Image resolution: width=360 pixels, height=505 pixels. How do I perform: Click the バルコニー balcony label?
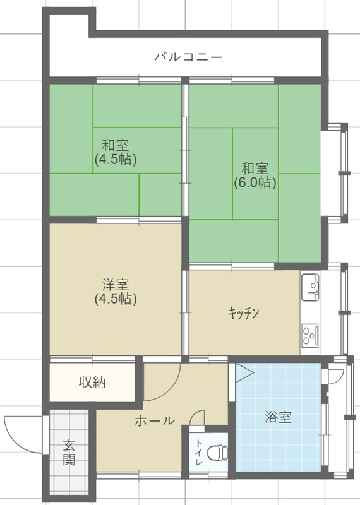pyautogui.click(x=188, y=57)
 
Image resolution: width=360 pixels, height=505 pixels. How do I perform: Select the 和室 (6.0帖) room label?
pyautogui.click(x=255, y=176)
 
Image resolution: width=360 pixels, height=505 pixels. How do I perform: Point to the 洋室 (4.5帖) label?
pyautogui.click(x=116, y=290)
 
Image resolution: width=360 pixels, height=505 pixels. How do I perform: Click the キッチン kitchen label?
pyautogui.click(x=244, y=312)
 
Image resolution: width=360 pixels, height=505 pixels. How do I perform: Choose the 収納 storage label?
pyautogui.click(x=92, y=382)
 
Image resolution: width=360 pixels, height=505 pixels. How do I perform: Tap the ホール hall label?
pyautogui.click(x=154, y=420)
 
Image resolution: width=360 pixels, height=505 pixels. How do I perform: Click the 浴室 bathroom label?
pyautogui.click(x=278, y=417)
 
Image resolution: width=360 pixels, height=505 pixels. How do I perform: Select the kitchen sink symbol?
pyautogui.click(x=310, y=288)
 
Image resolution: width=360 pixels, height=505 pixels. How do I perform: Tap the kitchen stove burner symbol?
pyautogui.click(x=310, y=334)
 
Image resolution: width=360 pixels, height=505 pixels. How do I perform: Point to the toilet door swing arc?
pyautogui.click(x=197, y=419)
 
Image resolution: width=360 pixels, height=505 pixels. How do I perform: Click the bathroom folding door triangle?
pyautogui.click(x=244, y=372)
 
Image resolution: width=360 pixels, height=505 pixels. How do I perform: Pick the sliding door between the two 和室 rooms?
pyautogui.click(x=185, y=149)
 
